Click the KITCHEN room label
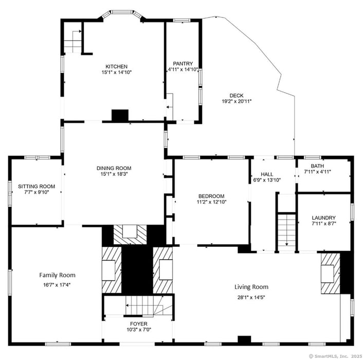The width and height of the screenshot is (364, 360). coord(116,66)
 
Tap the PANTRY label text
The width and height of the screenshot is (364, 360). coord(183,64)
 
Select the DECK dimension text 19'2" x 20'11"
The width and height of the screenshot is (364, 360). coord(236,101)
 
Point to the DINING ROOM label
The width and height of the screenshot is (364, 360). coord(114,168)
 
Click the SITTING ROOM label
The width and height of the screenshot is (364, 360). coord(36,186)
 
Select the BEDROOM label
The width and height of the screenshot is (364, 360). coord(211,196)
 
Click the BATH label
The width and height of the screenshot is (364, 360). coord(317,166)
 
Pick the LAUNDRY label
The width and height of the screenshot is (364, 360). coord(323,218)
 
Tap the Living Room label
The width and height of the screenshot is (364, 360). coord(251,287)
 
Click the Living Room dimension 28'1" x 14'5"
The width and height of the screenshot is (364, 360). coord(251,296)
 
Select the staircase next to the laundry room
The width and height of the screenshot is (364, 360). coord(286,232)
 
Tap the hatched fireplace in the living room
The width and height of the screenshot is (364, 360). coord(330,273)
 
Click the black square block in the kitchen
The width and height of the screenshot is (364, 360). coord(120,115)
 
